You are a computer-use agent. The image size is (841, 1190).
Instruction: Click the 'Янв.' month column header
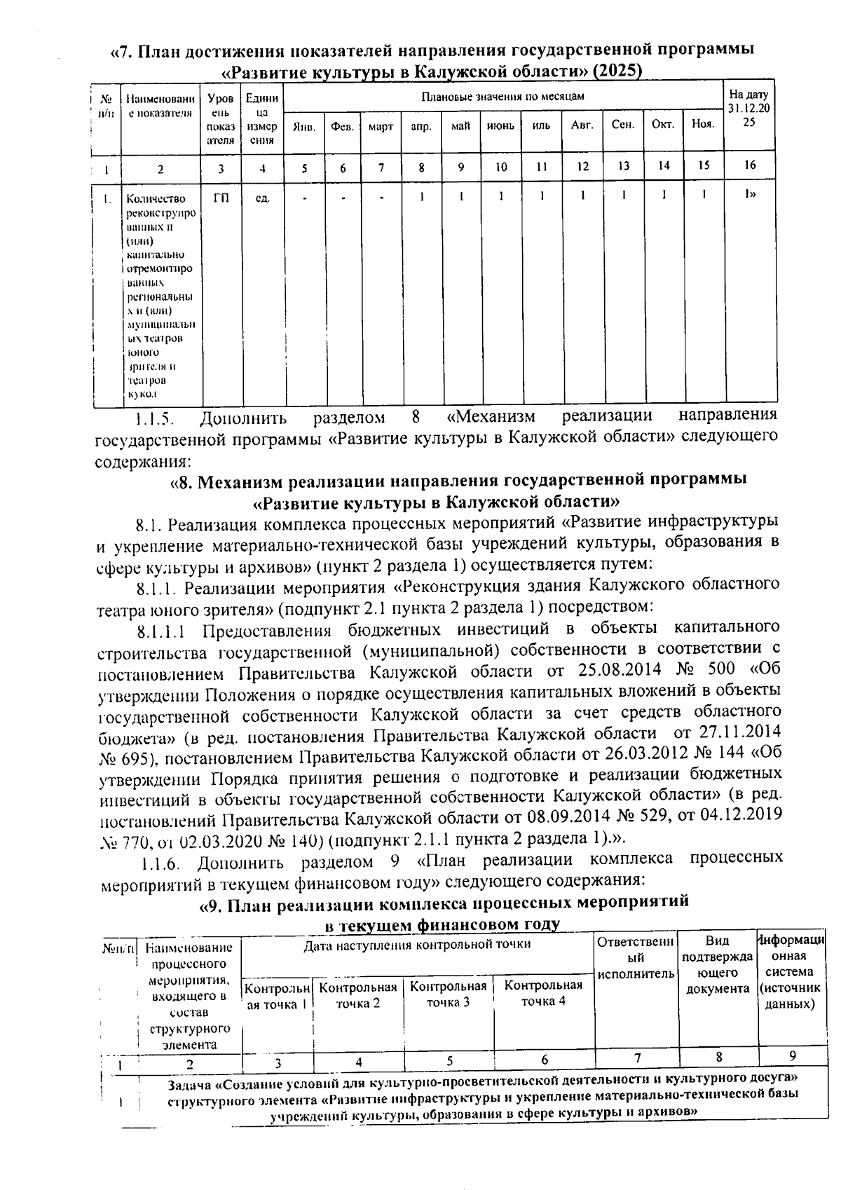point(304,127)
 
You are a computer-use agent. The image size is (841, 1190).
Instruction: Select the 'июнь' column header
point(500,126)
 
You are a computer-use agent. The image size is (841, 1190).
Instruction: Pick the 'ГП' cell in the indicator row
point(221,198)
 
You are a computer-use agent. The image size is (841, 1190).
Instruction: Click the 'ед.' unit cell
point(263,198)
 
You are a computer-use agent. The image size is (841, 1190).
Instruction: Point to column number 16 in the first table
point(750,166)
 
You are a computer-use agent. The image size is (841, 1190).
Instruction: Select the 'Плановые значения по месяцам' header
point(502,96)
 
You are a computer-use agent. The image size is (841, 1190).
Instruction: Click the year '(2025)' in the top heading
point(617,71)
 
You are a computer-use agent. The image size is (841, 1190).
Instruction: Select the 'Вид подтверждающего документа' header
point(717,965)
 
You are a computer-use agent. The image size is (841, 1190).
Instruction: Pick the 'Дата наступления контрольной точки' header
point(417,945)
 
